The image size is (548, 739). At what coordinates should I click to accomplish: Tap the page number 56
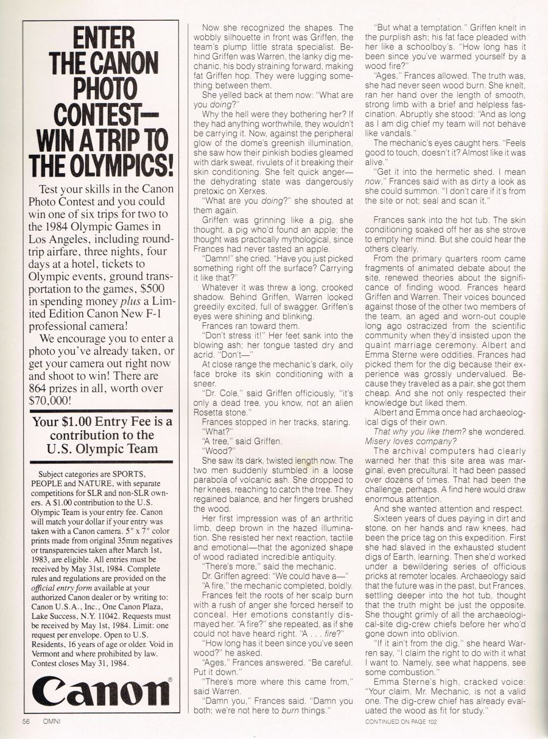click(26, 722)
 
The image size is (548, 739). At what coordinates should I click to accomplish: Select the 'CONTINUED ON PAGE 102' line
click(402, 722)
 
